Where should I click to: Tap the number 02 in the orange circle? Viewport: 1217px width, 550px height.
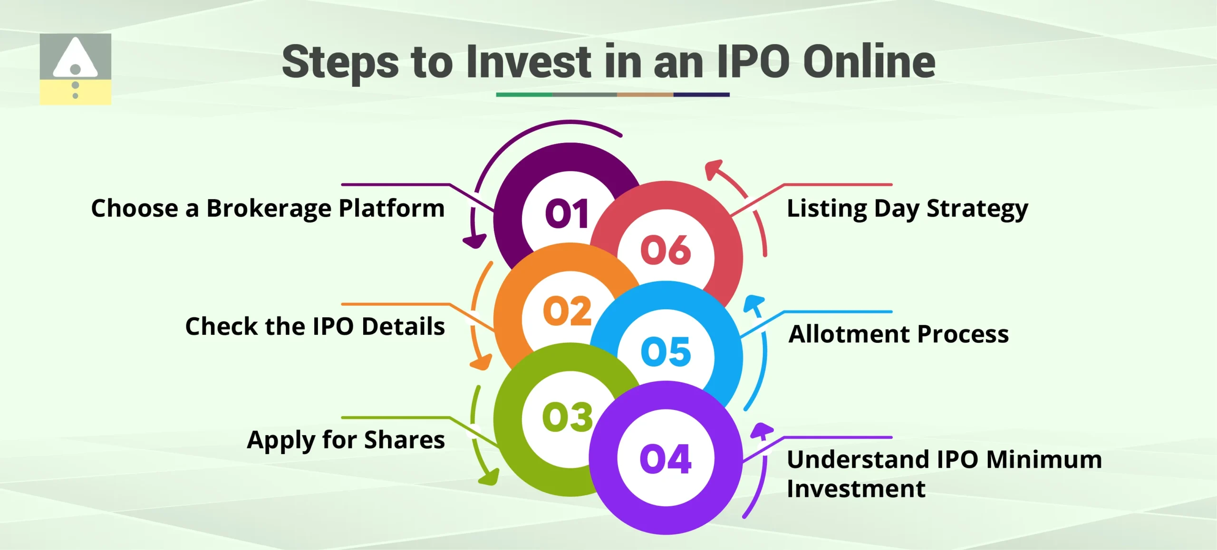567,312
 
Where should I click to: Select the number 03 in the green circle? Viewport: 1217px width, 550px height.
567,417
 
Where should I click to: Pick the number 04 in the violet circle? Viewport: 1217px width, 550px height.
665,459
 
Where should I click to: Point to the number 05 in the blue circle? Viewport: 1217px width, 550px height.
665,352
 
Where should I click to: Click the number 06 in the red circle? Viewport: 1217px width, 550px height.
665,250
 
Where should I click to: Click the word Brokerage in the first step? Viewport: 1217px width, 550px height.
269,209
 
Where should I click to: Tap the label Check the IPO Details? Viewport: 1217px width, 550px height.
315,327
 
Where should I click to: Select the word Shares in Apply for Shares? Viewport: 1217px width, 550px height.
404,440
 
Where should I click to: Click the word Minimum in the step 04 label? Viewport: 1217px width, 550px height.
1044,460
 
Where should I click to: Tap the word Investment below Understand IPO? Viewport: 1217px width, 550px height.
856,489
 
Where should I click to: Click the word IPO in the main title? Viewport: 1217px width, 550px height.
753,62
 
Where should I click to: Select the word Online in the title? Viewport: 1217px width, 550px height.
869,62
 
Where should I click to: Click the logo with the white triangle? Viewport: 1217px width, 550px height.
75,69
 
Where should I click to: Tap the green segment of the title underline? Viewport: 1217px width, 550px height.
524,95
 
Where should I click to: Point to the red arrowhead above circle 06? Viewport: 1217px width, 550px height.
713,169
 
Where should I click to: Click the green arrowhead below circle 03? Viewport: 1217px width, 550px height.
489,477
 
